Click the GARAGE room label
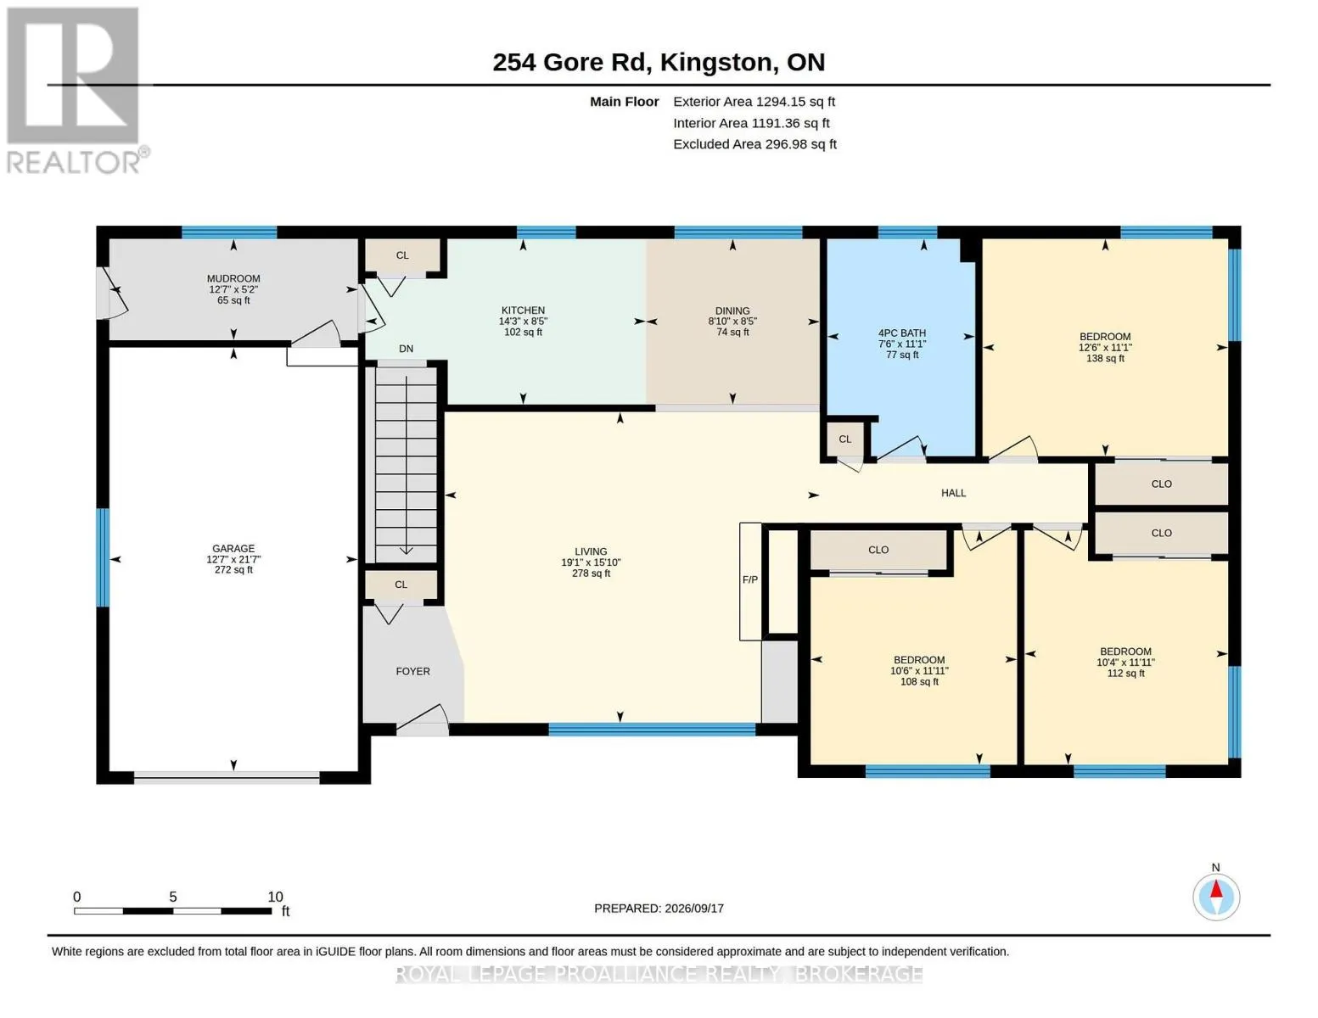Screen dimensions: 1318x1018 click(x=233, y=548)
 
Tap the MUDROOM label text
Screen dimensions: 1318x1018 click(x=233, y=279)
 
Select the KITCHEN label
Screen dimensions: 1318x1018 click(x=523, y=310)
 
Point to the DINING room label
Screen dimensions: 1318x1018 click(x=732, y=310)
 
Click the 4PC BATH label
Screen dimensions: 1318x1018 click(x=902, y=333)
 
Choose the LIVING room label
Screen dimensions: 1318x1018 click(x=591, y=551)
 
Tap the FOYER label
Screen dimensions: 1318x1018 click(x=412, y=671)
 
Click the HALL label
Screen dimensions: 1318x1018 click(x=953, y=493)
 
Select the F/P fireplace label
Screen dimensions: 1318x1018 click(x=749, y=579)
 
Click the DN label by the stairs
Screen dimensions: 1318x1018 click(x=406, y=349)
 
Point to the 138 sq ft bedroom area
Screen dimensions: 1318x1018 click(x=1105, y=358)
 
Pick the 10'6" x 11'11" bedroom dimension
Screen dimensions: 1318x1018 click(x=919, y=670)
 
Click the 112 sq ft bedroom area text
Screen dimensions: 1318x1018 click(x=1125, y=673)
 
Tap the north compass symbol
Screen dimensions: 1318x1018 click(x=1216, y=897)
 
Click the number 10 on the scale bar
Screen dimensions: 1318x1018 click(x=275, y=897)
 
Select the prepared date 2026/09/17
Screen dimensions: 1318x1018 click(x=694, y=909)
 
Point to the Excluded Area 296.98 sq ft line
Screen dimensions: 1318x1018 click(x=754, y=144)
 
